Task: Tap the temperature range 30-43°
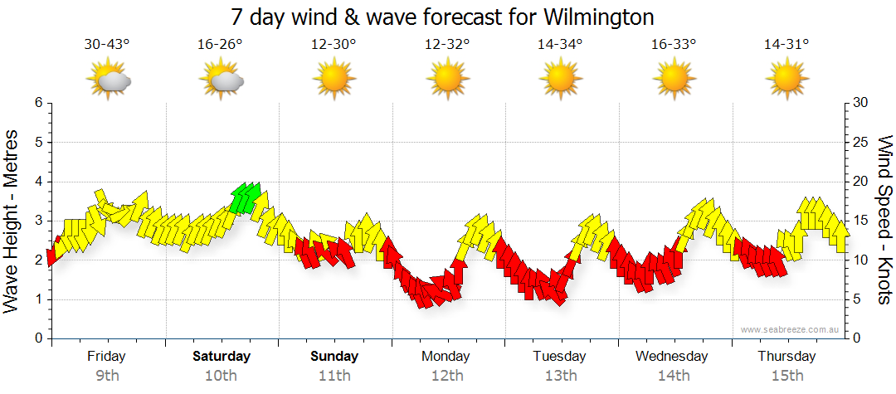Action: pos(107,45)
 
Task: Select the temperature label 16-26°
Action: pos(221,45)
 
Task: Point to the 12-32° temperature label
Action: pos(447,45)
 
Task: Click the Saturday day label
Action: pos(222,357)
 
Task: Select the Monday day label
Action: pos(447,357)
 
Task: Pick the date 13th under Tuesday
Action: pos(561,376)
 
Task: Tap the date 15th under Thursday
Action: pos(786,376)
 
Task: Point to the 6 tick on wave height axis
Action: pos(38,103)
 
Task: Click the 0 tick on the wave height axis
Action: pos(38,338)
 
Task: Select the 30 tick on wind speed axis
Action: pos(861,103)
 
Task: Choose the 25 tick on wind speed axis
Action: pos(861,142)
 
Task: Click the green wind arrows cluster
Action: pos(246,197)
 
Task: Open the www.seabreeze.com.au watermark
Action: pos(791,329)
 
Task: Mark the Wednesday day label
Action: pos(673,357)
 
